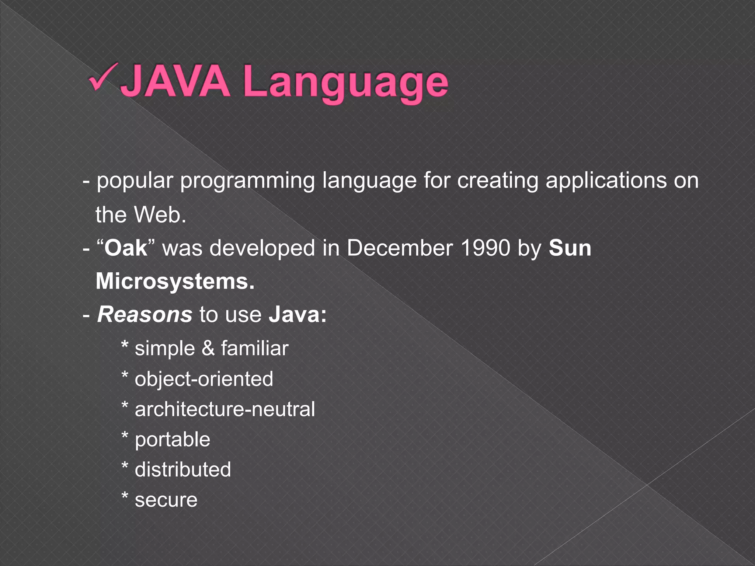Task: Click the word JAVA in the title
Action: [x=175, y=81]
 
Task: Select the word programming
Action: [x=247, y=181]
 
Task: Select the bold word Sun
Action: [x=570, y=248]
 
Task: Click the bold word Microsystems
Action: [x=175, y=282]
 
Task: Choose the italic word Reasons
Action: [x=145, y=315]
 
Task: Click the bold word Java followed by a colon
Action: [x=297, y=315]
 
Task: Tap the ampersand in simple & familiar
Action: [x=208, y=349]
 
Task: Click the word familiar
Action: [x=255, y=349]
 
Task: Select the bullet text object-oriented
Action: [x=204, y=379]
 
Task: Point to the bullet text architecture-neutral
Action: [x=225, y=409]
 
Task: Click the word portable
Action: [x=173, y=440]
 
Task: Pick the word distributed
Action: [x=183, y=470]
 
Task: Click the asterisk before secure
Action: [x=125, y=497]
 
